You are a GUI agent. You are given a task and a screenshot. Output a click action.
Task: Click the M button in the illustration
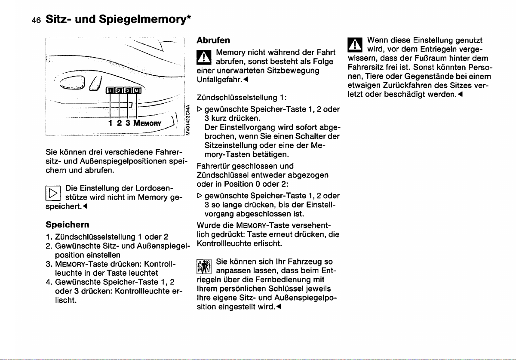[136, 91]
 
